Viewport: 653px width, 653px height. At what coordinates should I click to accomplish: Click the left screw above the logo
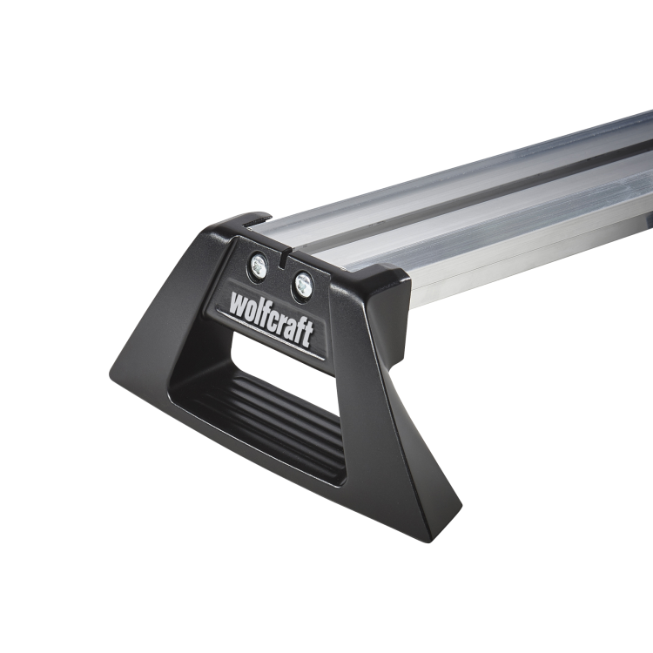(x=258, y=266)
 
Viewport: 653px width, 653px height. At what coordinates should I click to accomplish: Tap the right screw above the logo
(x=303, y=282)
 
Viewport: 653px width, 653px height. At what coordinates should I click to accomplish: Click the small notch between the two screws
(x=284, y=258)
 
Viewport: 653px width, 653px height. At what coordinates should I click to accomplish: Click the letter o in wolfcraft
(x=252, y=310)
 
